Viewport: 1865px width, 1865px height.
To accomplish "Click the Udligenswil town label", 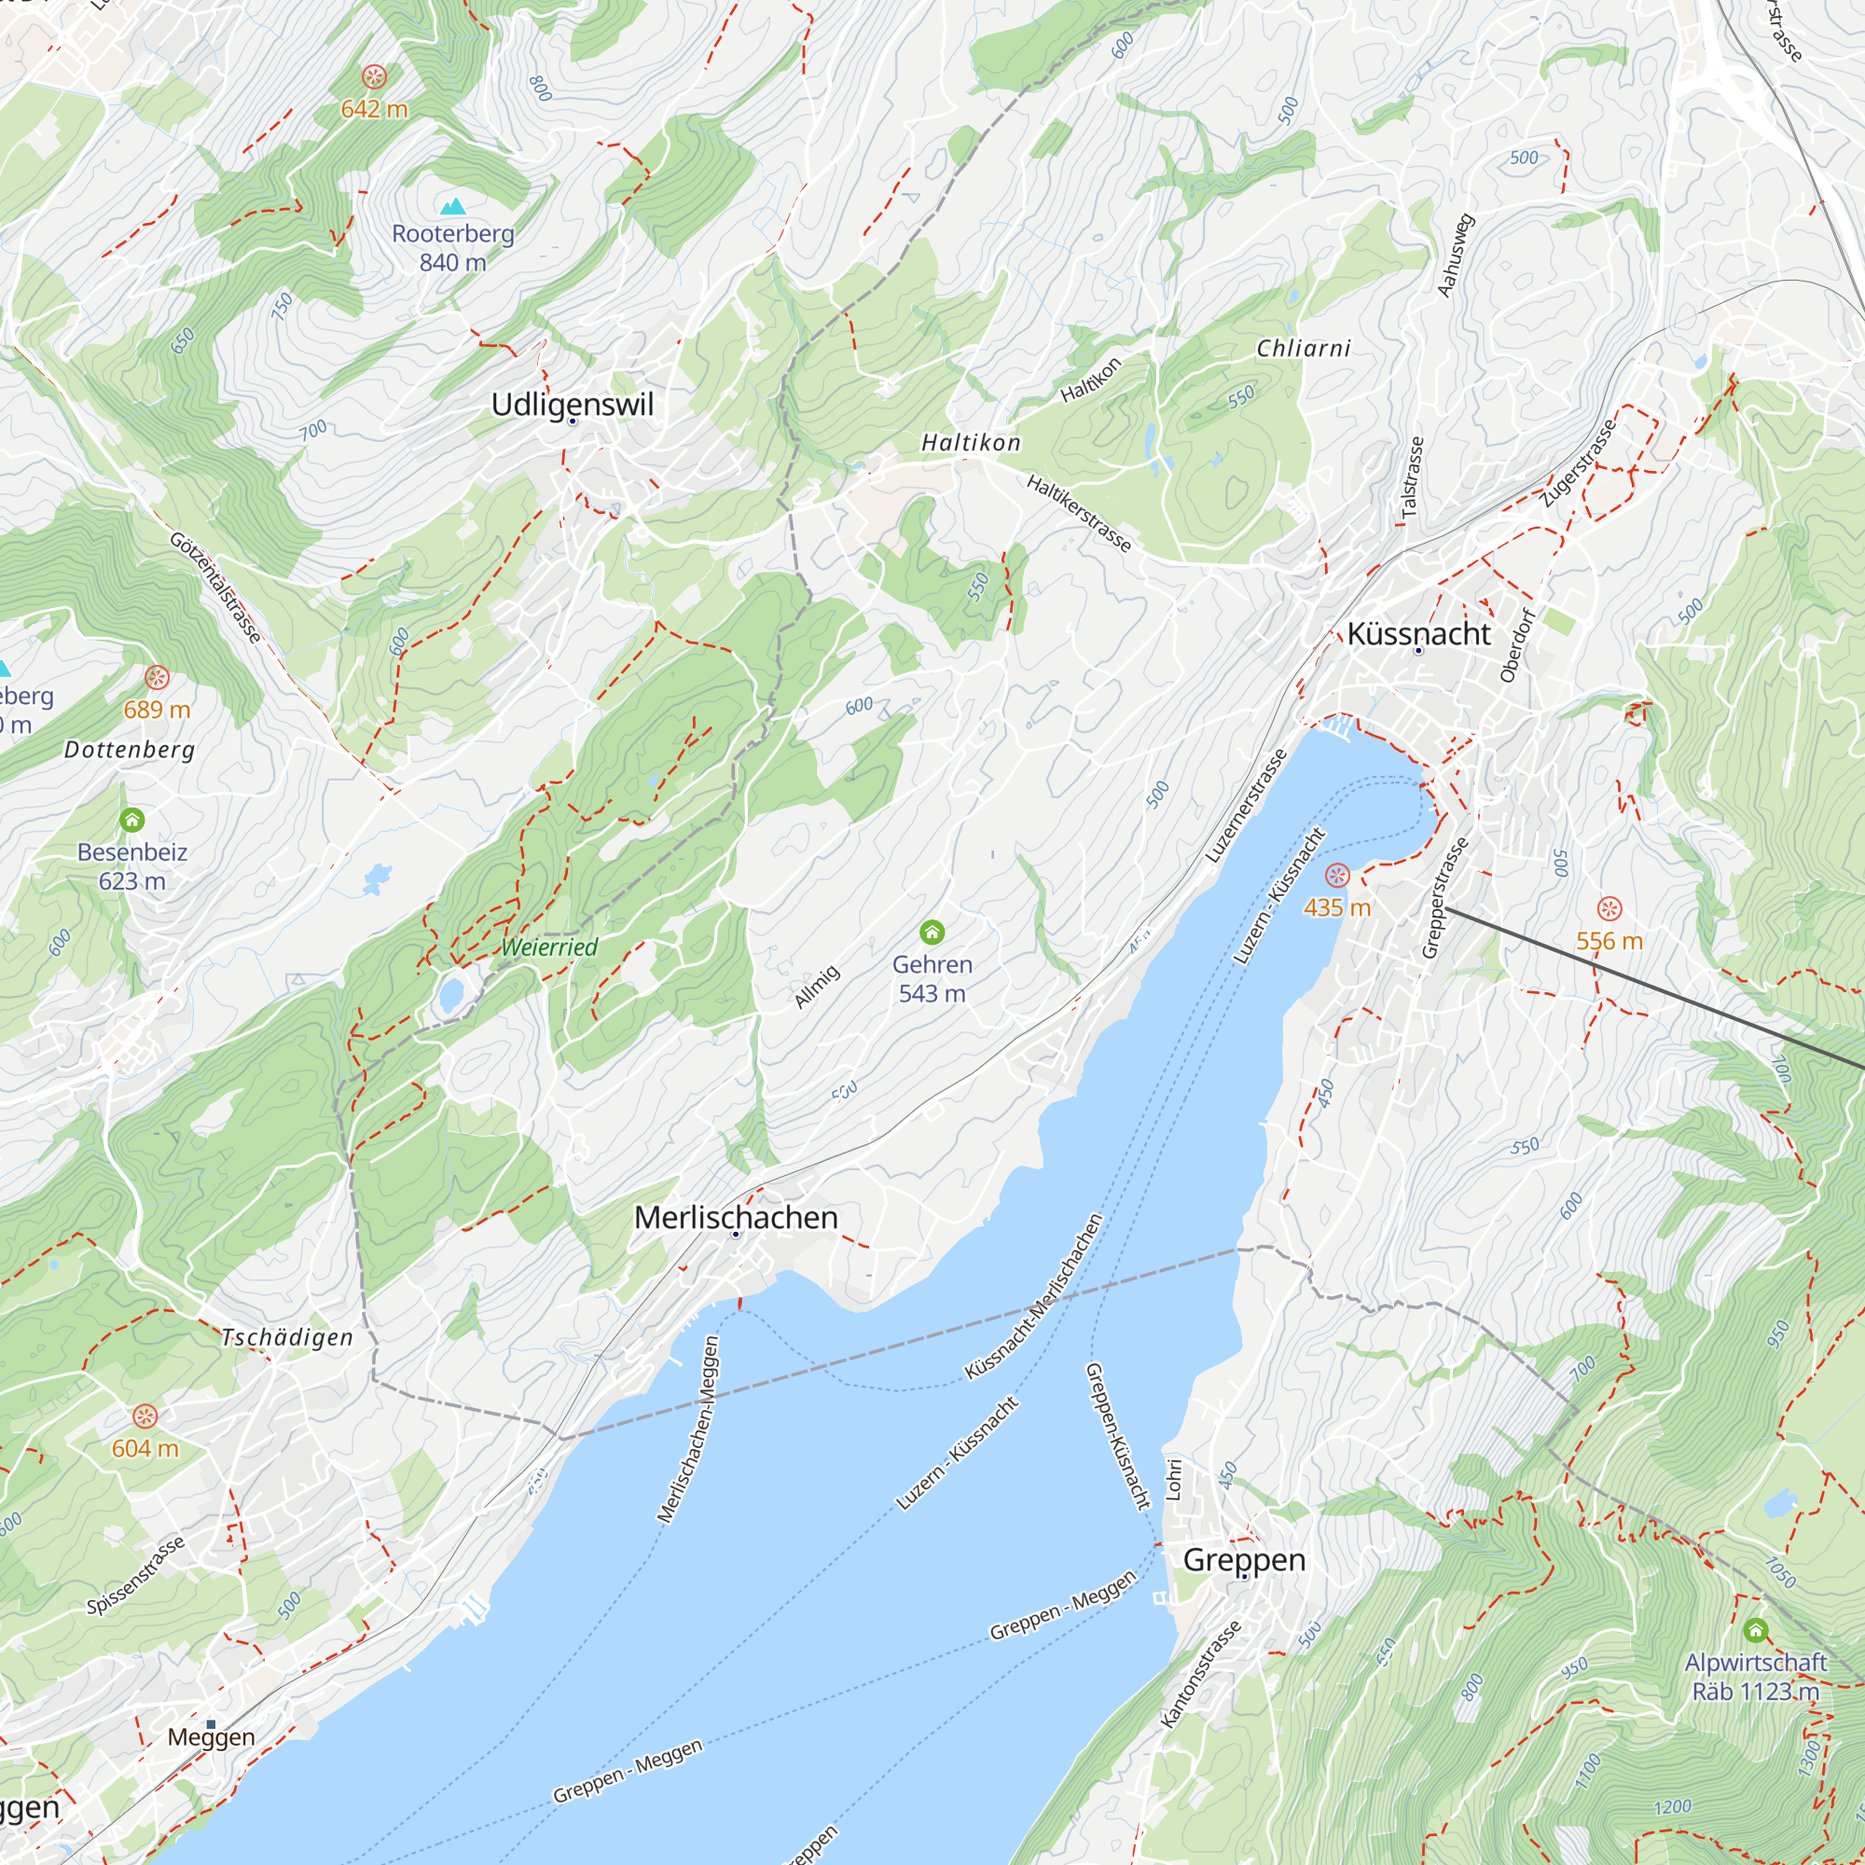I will point(572,404).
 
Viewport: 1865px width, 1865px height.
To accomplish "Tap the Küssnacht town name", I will point(1418,633).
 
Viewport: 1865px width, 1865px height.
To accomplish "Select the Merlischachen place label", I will point(736,1217).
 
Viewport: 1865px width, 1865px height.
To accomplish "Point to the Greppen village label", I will point(1243,1559).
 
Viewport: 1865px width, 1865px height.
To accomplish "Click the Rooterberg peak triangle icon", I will point(453,205).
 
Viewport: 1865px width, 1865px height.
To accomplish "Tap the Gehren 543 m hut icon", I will point(932,932).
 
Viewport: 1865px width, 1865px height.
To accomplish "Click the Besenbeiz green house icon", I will point(132,820).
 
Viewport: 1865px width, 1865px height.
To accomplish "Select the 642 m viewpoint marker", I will point(374,76).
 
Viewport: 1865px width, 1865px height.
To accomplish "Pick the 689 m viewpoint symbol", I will point(157,677).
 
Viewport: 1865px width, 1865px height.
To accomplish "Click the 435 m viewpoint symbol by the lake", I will point(1337,875).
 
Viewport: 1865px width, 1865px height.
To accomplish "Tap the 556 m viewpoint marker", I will point(1609,908).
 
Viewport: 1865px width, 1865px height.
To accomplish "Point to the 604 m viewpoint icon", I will point(145,1416).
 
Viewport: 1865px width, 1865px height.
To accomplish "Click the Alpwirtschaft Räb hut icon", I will point(1756,1630).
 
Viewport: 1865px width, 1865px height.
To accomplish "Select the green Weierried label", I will point(549,947).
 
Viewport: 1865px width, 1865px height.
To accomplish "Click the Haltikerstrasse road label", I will point(1078,514).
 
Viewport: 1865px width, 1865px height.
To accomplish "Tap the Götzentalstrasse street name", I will point(215,587).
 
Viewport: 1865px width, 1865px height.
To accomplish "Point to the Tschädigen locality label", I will point(286,1337).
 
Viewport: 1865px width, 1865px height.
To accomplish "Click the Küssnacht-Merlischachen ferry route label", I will point(1034,1296).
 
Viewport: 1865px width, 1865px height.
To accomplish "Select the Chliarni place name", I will point(1304,348).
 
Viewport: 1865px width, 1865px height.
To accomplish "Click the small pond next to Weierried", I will point(449,994).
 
